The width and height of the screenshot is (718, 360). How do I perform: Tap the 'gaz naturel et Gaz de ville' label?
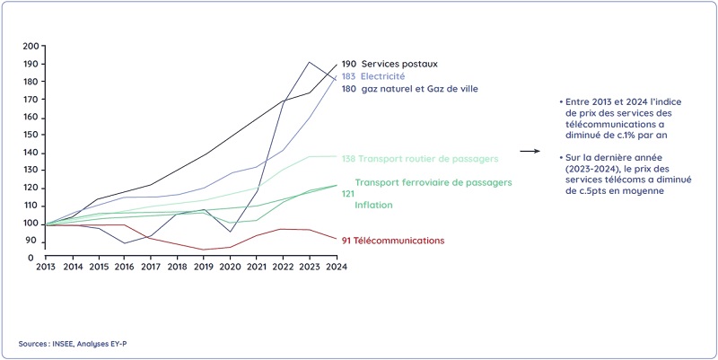coord(419,89)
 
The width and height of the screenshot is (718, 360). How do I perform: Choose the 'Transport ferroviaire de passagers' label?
coord(427,182)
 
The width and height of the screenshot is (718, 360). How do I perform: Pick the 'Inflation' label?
coord(374,206)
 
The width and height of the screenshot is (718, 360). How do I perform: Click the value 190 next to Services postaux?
coord(349,65)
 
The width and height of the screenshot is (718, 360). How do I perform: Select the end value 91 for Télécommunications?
coord(347,241)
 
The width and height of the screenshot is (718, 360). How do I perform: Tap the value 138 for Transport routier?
coord(349,159)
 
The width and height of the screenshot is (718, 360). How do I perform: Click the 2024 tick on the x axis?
coord(337,267)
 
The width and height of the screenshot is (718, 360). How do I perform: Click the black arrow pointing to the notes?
coord(530,152)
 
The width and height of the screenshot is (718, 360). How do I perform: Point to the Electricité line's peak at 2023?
coord(310,63)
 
